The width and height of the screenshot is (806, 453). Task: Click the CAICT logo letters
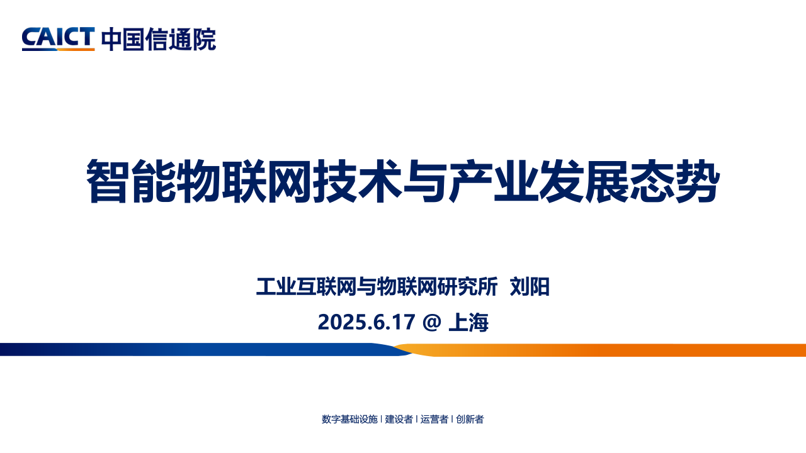[x=59, y=36]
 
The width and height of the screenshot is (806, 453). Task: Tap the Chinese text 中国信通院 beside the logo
[x=159, y=39]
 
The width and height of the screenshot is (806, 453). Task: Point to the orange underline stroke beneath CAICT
[x=76, y=49]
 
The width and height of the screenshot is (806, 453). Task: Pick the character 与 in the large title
[x=425, y=181]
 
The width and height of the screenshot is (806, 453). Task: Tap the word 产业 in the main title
[x=493, y=181]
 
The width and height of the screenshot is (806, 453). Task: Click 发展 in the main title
[x=584, y=181]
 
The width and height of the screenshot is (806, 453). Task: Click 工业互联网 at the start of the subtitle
[x=306, y=286]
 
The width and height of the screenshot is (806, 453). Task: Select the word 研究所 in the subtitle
[x=468, y=286]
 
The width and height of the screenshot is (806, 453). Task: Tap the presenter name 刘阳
[x=530, y=286]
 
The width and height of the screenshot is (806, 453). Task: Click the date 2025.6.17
[x=366, y=322]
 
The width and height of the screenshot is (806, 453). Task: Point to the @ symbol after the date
[x=432, y=322]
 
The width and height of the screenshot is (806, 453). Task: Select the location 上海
[x=468, y=322]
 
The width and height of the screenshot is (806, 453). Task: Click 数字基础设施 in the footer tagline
[x=349, y=419]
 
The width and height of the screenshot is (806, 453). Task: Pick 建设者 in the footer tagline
[x=399, y=419]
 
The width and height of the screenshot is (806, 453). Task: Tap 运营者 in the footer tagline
[x=434, y=419]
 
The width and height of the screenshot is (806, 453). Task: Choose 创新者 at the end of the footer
[x=470, y=419]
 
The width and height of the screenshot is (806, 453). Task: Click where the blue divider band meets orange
[x=403, y=349]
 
